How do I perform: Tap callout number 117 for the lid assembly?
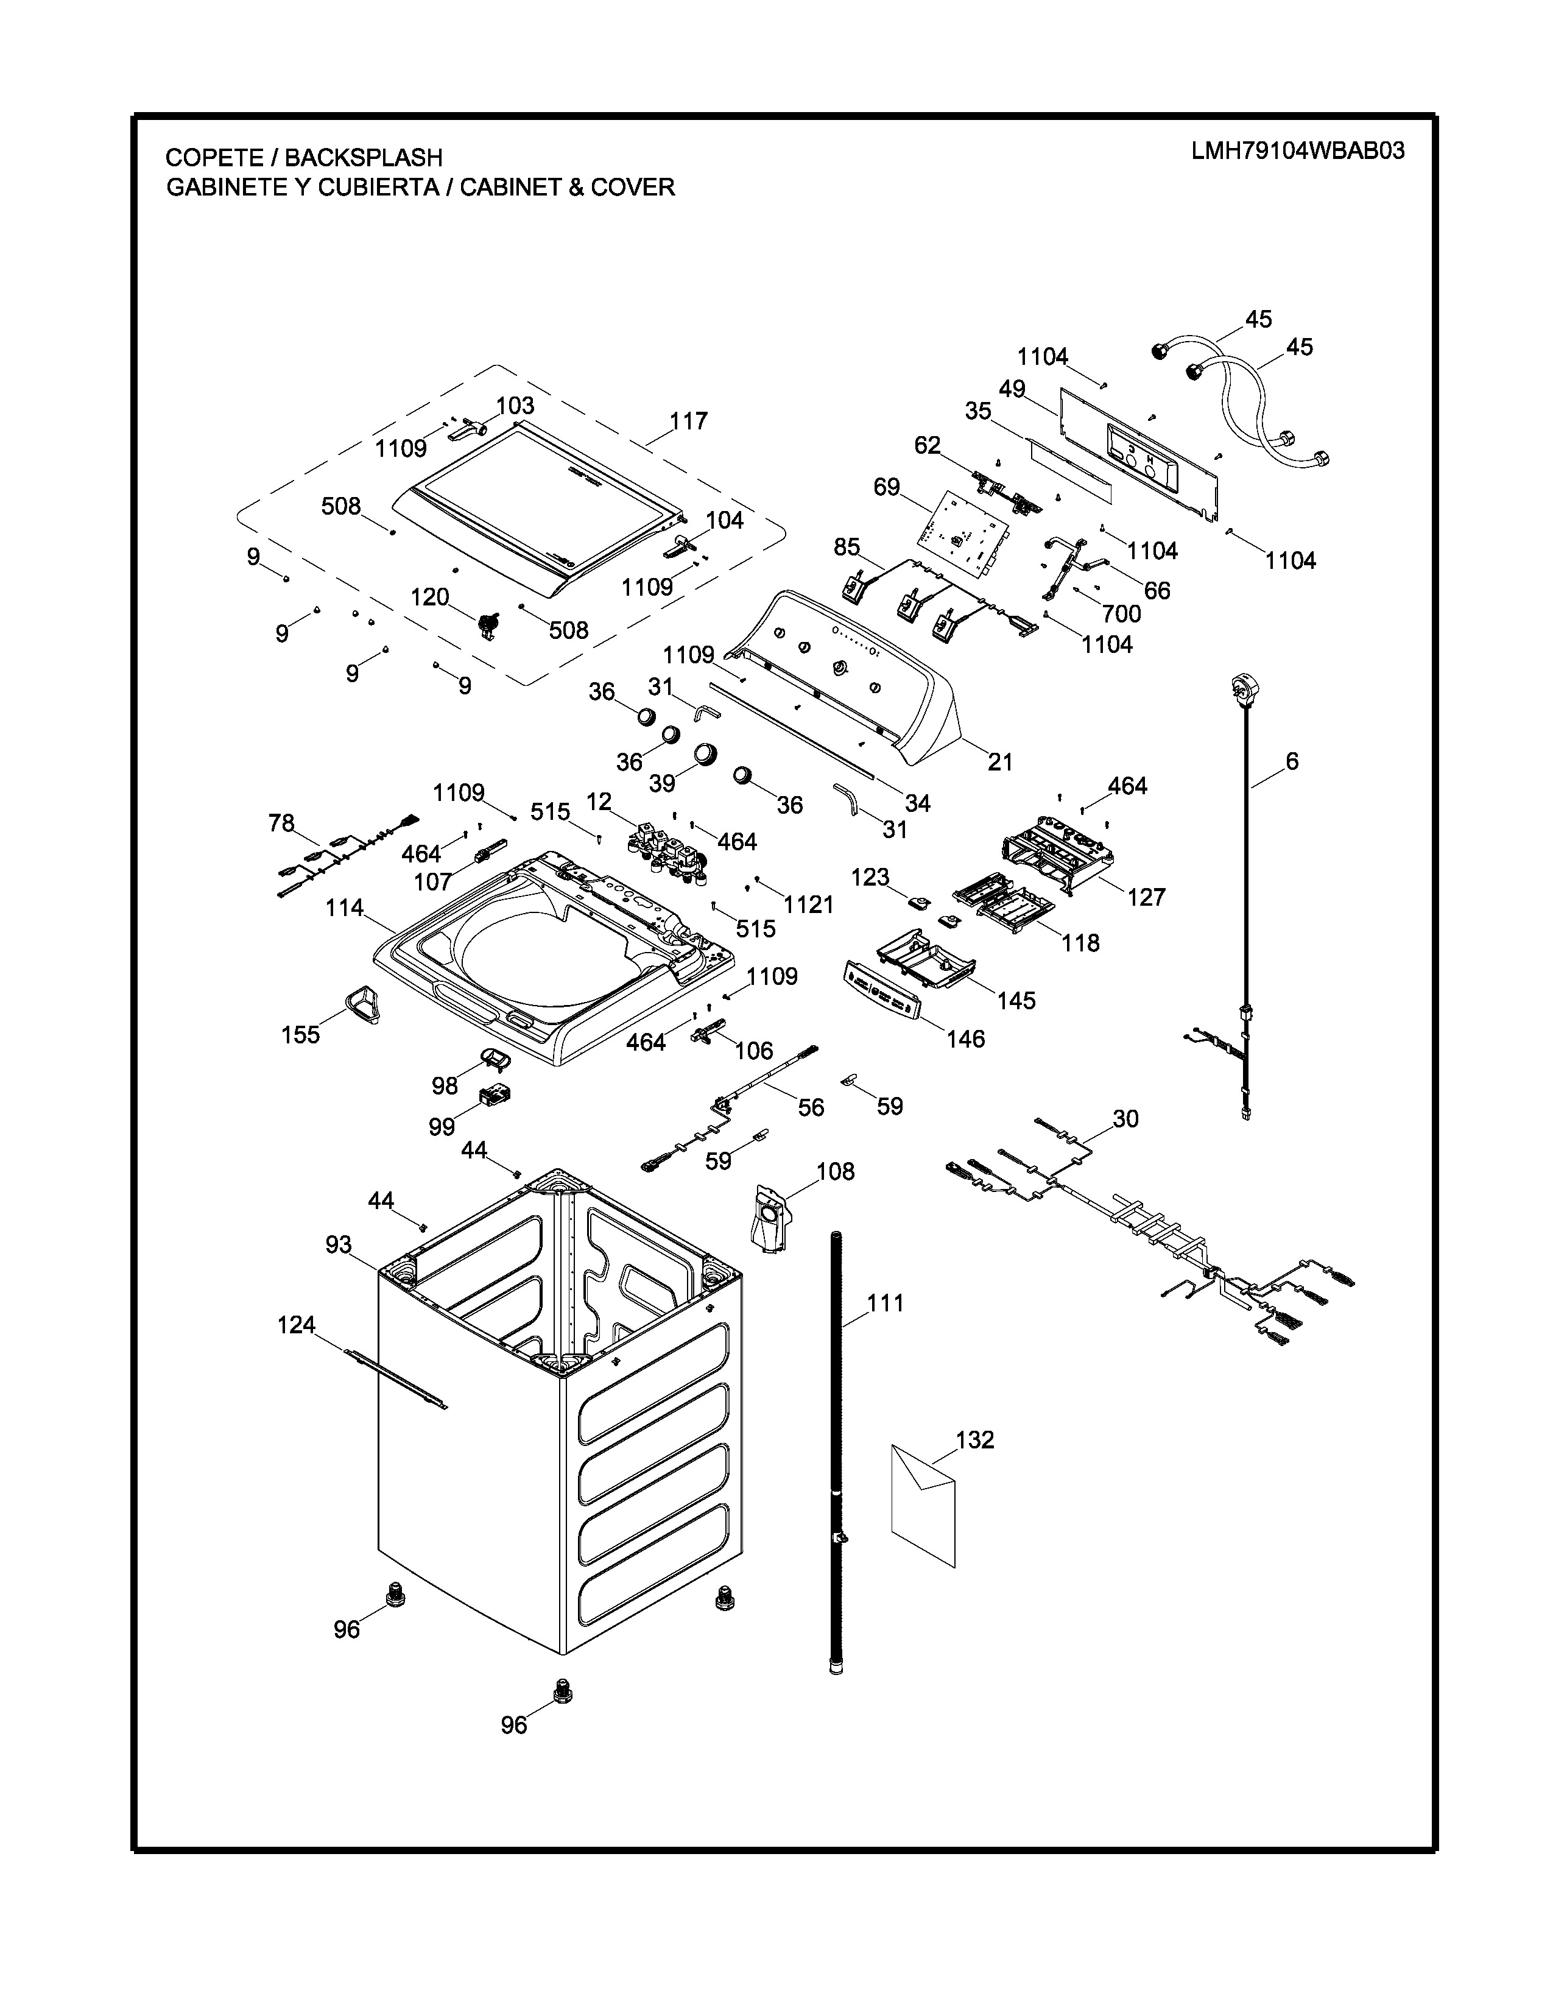click(x=688, y=421)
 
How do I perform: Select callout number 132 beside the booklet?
click(x=975, y=1439)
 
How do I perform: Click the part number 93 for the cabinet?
click(x=339, y=1244)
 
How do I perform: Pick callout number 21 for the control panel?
click(x=1000, y=761)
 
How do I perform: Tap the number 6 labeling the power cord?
click(x=1292, y=761)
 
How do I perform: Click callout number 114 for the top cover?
click(x=344, y=908)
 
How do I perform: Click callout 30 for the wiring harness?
click(x=1125, y=1118)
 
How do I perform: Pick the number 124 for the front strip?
click(x=296, y=1324)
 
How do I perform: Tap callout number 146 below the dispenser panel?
click(x=965, y=1039)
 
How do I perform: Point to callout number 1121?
click(x=809, y=904)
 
